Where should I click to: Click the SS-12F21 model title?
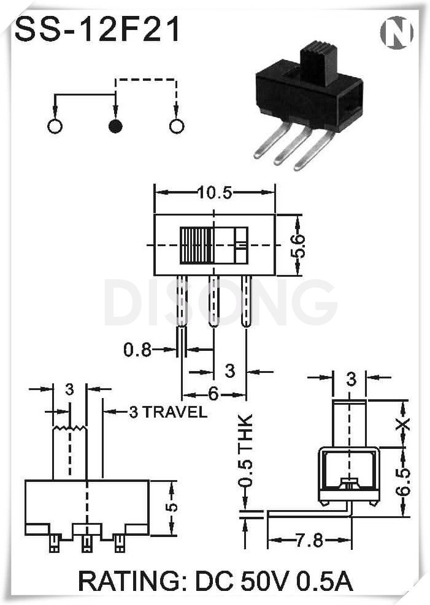pos(98,29)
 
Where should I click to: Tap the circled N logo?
pos(396,32)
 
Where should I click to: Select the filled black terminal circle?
pos(115,127)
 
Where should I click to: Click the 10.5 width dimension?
pos(214,193)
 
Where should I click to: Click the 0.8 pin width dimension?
pos(137,350)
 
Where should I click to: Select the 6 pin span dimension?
pos(213,394)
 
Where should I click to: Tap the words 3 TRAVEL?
pos(167,412)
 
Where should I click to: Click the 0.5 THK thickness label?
pos(245,452)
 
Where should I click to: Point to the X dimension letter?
pos(402,424)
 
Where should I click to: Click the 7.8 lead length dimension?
pos(309,541)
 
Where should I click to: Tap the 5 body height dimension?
pos(173,507)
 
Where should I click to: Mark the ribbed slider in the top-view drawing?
pos(196,245)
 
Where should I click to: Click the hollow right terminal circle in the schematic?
pos(176,127)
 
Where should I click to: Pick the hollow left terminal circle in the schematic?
pos(55,127)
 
